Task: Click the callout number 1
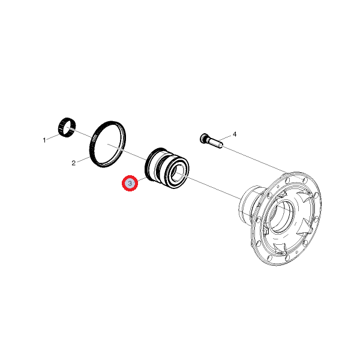[44, 140]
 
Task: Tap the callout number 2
[74, 163]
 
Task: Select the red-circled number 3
[130, 183]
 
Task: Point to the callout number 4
[235, 134]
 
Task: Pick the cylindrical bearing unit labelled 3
[167, 168]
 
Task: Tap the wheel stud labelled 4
[211, 140]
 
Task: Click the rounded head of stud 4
[203, 138]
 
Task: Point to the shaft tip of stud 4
[220, 145]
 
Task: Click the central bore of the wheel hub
[281, 216]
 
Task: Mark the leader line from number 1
[52, 137]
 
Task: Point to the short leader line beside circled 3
[142, 179]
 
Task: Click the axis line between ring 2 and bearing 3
[125, 151]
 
